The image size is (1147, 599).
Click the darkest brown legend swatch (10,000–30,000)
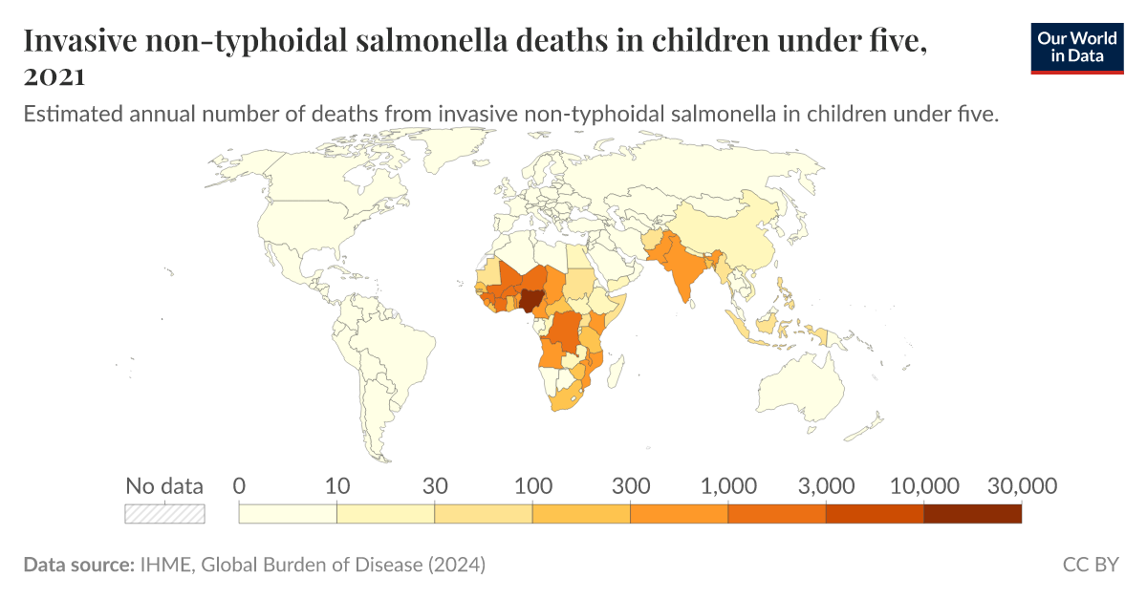[x=972, y=513]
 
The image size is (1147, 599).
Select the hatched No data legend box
[x=165, y=513]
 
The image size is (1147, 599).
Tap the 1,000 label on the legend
[x=729, y=486]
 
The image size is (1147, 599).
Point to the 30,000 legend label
[x=1022, y=486]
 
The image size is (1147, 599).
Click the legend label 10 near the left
[x=336, y=486]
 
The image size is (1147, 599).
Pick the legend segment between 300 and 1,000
[x=679, y=513]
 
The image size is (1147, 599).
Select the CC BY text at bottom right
[x=1090, y=565]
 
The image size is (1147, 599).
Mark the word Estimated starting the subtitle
[x=66, y=115]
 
